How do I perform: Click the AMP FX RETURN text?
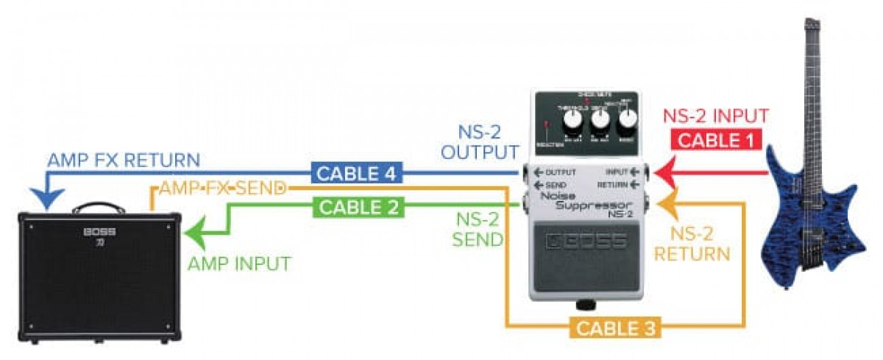point(123,160)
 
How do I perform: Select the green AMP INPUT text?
point(239,263)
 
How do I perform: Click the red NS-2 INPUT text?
point(716,116)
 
